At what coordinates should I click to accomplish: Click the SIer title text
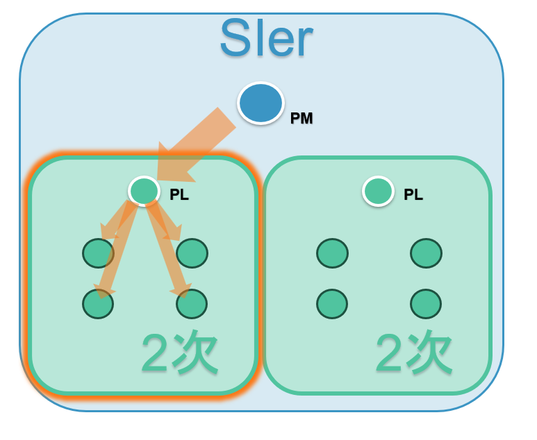click(267, 37)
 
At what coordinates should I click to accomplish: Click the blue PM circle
click(261, 103)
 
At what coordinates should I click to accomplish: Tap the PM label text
click(301, 119)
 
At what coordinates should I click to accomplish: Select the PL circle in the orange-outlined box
click(144, 191)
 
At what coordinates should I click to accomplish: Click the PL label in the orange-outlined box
click(179, 194)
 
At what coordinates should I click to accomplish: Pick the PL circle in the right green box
click(378, 192)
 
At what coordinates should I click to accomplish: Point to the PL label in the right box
click(413, 194)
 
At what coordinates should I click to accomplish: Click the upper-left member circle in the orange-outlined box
click(98, 253)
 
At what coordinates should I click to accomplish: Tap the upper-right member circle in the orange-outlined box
click(192, 253)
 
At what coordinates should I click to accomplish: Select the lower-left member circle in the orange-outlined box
click(98, 304)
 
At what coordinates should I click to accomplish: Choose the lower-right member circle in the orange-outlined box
click(192, 304)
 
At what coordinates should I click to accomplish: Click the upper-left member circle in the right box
click(332, 253)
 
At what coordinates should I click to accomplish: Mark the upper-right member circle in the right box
click(426, 253)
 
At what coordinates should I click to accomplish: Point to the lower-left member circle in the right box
click(332, 304)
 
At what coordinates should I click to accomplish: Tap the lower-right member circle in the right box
click(426, 304)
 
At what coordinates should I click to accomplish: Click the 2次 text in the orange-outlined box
click(180, 353)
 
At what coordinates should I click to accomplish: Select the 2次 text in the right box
click(414, 353)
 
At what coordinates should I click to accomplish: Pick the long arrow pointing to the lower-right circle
click(168, 250)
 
